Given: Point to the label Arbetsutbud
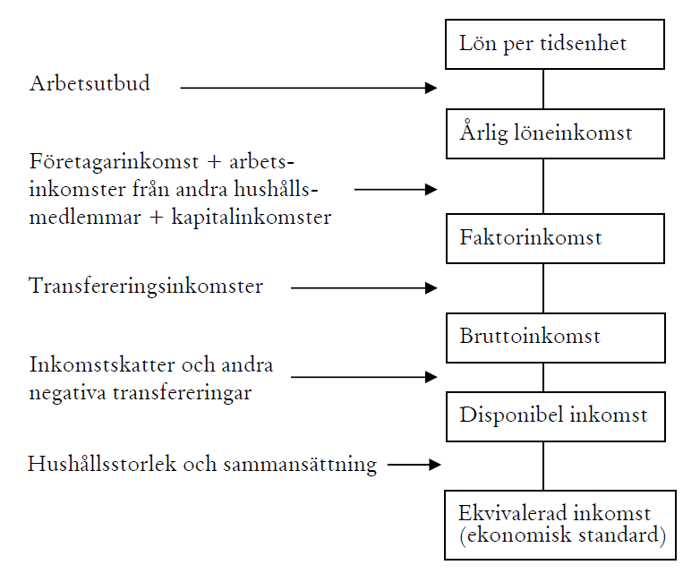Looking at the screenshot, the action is tap(90, 83).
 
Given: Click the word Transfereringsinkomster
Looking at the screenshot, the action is tap(146, 287).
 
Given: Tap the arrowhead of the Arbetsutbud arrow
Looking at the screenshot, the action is tap(431, 88).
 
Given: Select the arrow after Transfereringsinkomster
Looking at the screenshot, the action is tap(363, 288).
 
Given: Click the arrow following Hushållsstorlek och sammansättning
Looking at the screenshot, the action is tap(414, 465).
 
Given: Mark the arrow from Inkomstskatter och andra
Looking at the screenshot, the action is tap(363, 377).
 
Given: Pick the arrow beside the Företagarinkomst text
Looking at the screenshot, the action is tap(396, 190).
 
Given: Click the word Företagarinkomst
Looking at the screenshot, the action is tap(114, 162).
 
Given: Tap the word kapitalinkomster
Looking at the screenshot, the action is tap(252, 218).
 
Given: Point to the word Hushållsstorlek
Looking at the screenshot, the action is tap(102, 464).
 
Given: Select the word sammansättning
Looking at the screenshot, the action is tap(300, 466).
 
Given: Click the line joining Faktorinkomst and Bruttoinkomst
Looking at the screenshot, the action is tap(543, 288).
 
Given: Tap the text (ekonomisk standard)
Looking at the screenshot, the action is tap(562, 535).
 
